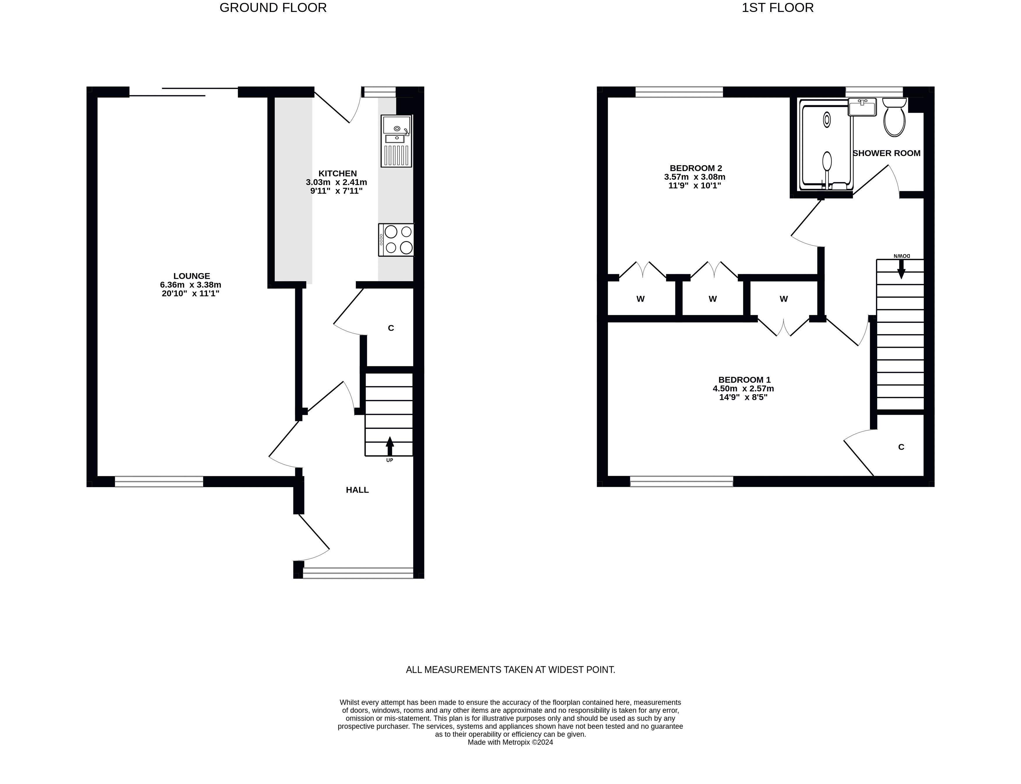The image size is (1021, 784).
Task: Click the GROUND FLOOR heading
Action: (x=273, y=8)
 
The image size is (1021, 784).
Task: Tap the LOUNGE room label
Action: (x=191, y=276)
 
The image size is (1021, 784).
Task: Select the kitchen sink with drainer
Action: (x=396, y=141)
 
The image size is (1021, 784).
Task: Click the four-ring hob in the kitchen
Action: (x=396, y=239)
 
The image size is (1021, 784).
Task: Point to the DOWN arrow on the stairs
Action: (x=901, y=268)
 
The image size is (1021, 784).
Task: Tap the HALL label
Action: (x=357, y=489)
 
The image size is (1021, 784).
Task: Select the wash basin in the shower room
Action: (x=862, y=107)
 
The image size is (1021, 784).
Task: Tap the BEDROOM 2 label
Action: (x=696, y=168)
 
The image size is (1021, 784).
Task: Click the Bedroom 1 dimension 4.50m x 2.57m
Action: (x=743, y=389)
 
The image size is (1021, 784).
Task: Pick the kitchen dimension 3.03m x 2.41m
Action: (x=336, y=182)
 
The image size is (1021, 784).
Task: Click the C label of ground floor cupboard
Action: (x=391, y=328)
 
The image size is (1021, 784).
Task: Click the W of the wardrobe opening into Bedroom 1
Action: (x=784, y=299)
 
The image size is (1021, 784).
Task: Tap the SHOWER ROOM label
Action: (x=886, y=153)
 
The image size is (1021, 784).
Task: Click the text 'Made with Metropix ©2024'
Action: (x=510, y=742)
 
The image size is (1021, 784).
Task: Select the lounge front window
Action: (x=159, y=482)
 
